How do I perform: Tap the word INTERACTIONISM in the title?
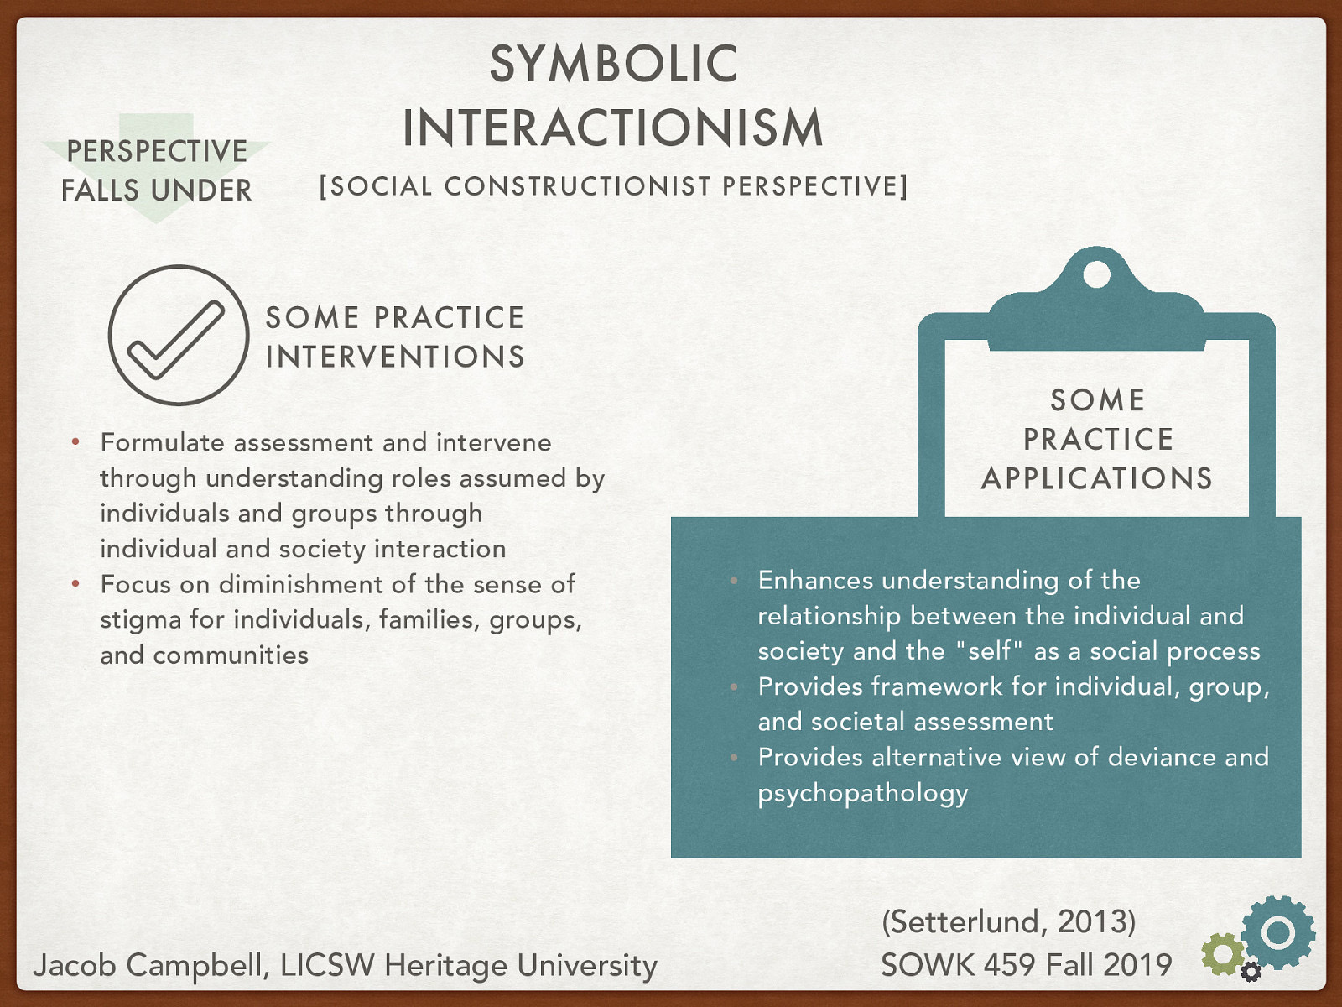612,128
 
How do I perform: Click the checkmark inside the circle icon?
176,340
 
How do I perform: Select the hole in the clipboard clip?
1096,274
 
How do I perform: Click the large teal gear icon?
1277,931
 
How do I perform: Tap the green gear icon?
1224,953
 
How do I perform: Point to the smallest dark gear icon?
1251,971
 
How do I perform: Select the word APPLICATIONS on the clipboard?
1097,478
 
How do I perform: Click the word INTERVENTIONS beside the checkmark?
395,357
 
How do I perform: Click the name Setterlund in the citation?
965,921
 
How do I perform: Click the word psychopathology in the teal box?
863,794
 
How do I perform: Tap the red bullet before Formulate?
75,441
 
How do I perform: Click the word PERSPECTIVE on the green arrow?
157,151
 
